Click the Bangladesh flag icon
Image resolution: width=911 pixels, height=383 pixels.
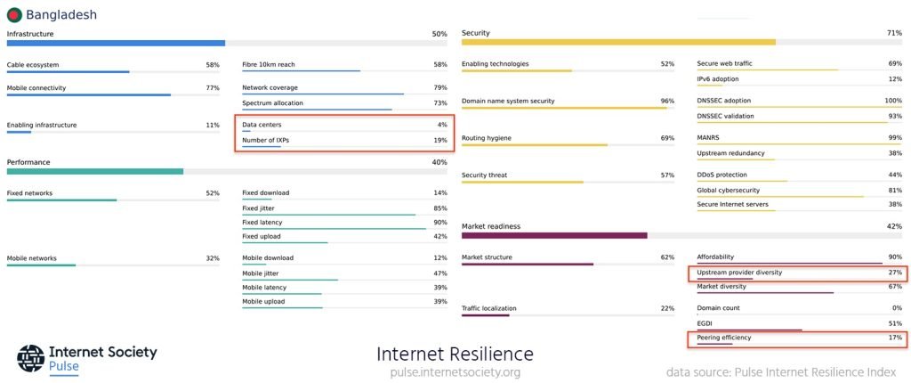point(14,14)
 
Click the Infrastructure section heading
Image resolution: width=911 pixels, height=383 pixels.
point(30,34)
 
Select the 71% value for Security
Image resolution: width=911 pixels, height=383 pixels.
point(894,33)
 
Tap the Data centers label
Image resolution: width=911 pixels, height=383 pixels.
point(262,125)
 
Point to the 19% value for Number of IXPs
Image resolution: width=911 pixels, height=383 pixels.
point(440,141)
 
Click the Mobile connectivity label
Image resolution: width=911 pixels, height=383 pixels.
point(36,88)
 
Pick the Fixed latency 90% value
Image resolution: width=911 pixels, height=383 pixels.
point(440,222)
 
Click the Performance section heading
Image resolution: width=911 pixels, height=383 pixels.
point(28,162)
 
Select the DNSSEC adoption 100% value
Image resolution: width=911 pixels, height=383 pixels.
point(892,101)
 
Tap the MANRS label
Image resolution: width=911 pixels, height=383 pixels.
point(709,138)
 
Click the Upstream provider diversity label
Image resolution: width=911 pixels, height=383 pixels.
point(739,272)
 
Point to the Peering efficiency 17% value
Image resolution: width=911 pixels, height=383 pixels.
point(895,338)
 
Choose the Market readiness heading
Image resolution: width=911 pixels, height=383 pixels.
point(491,226)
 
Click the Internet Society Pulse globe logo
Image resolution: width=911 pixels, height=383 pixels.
point(30,357)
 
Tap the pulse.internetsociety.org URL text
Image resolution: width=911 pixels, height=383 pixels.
point(455,372)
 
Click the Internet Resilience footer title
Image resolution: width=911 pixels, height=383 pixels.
point(455,354)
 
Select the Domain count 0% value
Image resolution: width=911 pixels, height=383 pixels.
point(896,308)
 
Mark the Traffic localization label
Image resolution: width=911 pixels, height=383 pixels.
point(489,308)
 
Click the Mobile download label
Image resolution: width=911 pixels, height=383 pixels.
point(268,258)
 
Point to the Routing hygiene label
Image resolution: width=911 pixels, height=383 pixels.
point(487,138)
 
